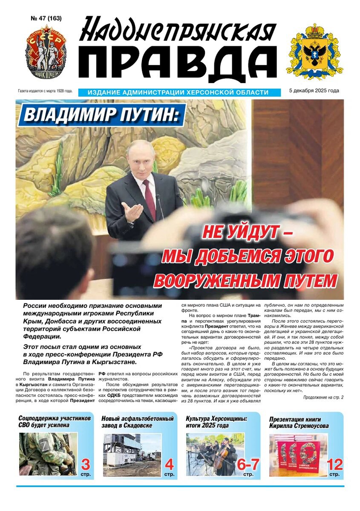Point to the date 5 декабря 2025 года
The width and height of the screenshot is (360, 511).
coord(314,91)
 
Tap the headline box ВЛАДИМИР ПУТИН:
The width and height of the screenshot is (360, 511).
coord(101,114)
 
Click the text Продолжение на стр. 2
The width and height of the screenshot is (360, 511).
coord(323,397)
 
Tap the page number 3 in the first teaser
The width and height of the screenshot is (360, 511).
coord(85,464)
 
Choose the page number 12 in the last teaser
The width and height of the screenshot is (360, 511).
coord(334,464)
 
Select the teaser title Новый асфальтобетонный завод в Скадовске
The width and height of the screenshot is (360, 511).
coord(138,422)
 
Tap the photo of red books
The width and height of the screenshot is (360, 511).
coord(297,454)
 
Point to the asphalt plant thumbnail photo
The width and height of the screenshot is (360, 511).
coord(132,454)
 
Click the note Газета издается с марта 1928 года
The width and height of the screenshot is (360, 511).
coord(45,91)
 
